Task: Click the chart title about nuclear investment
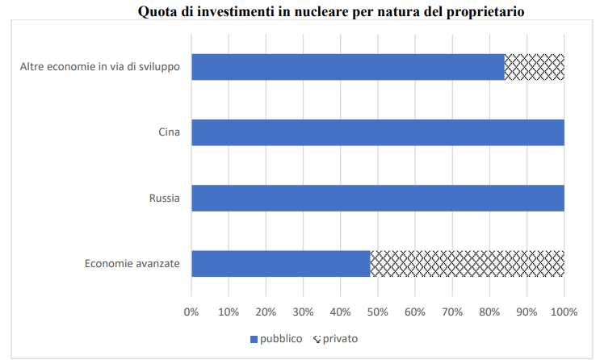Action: coord(320,12)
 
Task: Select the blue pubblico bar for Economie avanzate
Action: coord(280,264)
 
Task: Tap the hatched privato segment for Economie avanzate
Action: coord(467,264)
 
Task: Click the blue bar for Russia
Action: coord(377,198)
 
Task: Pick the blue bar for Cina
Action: coord(377,132)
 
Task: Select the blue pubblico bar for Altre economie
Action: coord(347,66)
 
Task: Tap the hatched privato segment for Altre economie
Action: coord(534,66)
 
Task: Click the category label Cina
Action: coord(169,132)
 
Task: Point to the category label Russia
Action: coord(164,198)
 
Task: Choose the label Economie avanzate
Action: coord(132,264)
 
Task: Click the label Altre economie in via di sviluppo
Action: coord(100,66)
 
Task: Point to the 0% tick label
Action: coord(191,312)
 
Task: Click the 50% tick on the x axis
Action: coord(377,312)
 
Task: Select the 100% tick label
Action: coord(564,312)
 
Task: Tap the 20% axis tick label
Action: coord(266,312)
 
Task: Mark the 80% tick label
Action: coord(489,312)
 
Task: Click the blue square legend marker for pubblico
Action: coord(253,339)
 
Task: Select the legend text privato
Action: coord(340,339)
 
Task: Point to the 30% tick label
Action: coord(303,312)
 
